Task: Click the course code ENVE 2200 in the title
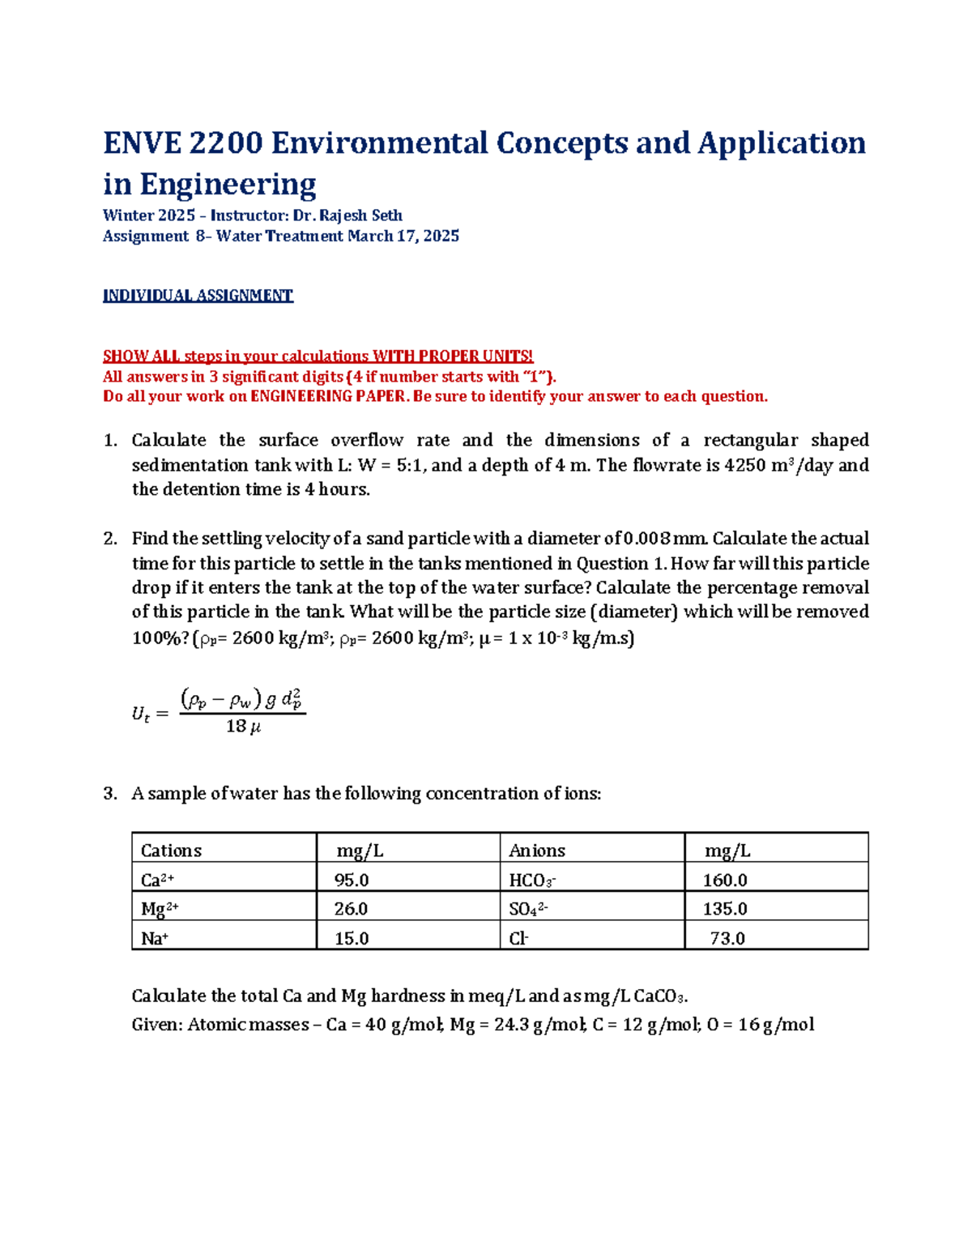coord(183,143)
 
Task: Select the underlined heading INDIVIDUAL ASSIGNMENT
coord(198,296)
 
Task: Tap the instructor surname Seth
coord(386,215)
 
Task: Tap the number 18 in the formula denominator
coord(236,726)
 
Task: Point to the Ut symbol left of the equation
coord(140,714)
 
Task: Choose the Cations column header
coord(171,851)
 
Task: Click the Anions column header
coord(537,851)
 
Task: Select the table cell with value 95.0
coord(352,880)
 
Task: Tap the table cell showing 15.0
coord(352,938)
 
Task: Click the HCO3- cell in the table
coord(532,880)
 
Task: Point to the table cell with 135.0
coord(725,909)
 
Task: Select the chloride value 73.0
coord(727,938)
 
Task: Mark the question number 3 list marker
coord(110,793)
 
